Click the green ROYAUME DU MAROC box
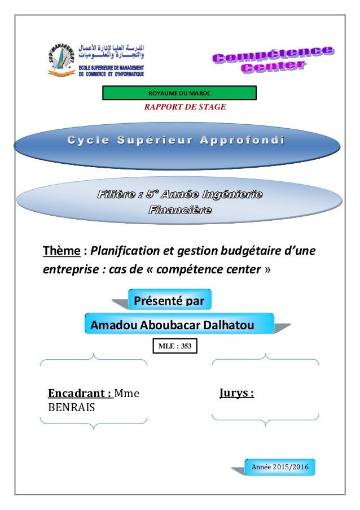tap(179, 93)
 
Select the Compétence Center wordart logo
tap(272, 60)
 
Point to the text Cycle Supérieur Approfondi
tap(180, 140)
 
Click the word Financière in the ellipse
tap(179, 211)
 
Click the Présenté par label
tap(170, 300)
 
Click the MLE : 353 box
tap(175, 346)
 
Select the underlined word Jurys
tap(236, 393)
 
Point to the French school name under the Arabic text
tap(112, 70)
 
